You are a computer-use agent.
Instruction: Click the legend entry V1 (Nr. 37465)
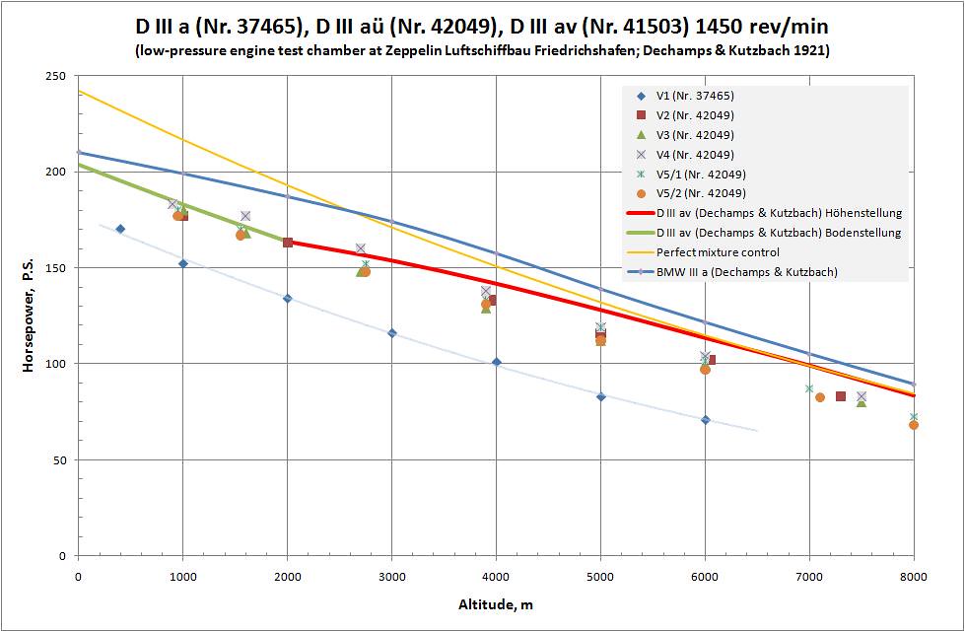coord(694,96)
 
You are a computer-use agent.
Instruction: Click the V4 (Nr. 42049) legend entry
coord(694,155)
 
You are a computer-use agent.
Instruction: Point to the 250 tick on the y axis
coord(57,76)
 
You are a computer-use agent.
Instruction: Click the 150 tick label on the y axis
coord(57,268)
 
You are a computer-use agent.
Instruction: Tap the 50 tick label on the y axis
coord(60,460)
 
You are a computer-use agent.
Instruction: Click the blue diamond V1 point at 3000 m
coord(391,333)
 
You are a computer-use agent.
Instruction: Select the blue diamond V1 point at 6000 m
coord(705,420)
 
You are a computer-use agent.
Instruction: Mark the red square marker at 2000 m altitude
coord(288,243)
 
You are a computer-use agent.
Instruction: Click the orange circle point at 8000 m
coord(914,425)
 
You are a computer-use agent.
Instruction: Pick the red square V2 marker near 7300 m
coord(840,396)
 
